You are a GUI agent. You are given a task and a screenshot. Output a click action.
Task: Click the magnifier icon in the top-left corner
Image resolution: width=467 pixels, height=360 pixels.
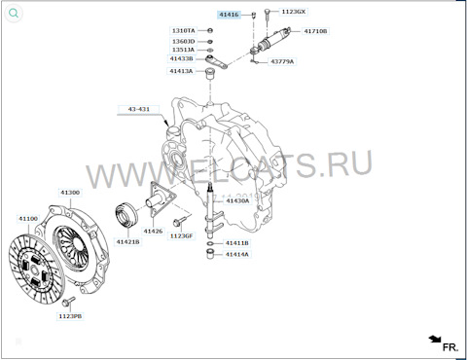13,13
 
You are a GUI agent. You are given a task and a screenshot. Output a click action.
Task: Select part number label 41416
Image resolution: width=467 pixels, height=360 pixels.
227,15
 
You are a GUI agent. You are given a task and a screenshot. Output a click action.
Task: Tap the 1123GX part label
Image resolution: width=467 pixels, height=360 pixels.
293,12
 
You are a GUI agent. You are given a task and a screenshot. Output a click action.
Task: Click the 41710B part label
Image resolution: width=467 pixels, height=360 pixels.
315,31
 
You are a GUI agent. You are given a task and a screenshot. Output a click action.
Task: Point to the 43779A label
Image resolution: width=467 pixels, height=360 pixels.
281,61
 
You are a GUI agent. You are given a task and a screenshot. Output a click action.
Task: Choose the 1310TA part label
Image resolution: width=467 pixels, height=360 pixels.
183,31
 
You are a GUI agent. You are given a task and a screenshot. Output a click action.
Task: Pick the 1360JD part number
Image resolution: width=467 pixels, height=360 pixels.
183,42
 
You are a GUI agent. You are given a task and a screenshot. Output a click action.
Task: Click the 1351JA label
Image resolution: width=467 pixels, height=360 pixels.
183,51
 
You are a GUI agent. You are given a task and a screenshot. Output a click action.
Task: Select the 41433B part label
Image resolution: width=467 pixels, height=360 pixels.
181,60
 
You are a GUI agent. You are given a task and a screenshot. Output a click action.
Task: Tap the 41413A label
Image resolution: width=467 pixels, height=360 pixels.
181,71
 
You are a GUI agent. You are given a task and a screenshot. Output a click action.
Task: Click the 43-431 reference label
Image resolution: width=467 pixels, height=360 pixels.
139,108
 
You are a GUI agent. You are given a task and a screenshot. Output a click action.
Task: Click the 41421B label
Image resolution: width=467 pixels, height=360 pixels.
127,241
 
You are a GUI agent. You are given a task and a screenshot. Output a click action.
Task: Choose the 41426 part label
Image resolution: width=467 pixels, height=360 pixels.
154,232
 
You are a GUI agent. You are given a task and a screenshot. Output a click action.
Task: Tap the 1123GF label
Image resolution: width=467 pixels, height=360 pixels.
182,235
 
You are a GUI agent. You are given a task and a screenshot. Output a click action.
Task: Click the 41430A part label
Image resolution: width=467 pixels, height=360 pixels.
236,228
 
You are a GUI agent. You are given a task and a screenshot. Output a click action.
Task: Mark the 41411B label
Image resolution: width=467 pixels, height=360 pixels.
237,243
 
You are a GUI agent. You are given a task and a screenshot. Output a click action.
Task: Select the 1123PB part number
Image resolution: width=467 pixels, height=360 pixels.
69,316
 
